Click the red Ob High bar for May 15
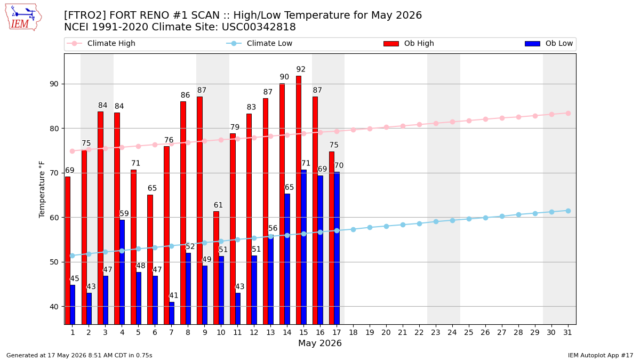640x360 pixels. coord(299,200)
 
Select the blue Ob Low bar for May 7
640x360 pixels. coord(172,313)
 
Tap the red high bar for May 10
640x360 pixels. coord(216,268)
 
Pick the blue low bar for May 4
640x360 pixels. coord(122,272)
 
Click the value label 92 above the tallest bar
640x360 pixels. coord(301,69)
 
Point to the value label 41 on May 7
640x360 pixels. coord(174,295)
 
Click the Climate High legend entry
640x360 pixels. coord(101,43)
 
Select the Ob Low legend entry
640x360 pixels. coord(549,43)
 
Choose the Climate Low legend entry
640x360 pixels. coord(259,43)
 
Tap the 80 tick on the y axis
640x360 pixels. coord(54,129)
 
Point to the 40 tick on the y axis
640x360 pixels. coord(54,307)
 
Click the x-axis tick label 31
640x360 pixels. coord(567,332)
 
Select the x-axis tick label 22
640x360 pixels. coord(419,332)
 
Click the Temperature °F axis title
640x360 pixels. coord(42,189)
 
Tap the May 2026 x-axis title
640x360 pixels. coord(320,343)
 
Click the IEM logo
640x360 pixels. coord(23,18)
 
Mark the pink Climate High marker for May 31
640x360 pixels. coord(569,114)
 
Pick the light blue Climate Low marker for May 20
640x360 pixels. coord(386,226)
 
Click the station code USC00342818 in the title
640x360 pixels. coord(259,27)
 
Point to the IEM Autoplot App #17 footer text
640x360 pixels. coord(601,355)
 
